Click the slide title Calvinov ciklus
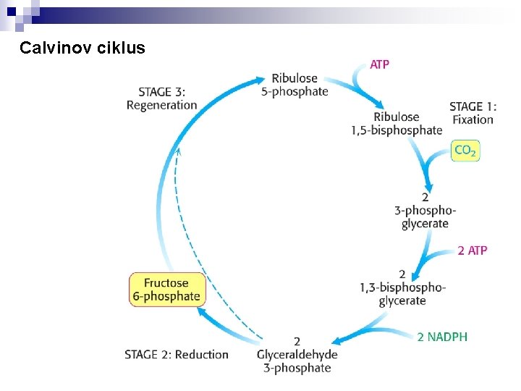point(82,49)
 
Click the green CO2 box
point(465,151)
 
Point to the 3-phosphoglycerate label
point(425,210)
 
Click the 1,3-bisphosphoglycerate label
point(402,288)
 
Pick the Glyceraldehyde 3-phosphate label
point(297,355)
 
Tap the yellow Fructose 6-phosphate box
point(166,290)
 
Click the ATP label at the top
point(380,64)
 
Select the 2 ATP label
point(473,251)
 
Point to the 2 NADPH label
point(442,337)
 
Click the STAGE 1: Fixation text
point(473,113)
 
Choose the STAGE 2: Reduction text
point(177,355)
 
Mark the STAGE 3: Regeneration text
point(162,98)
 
